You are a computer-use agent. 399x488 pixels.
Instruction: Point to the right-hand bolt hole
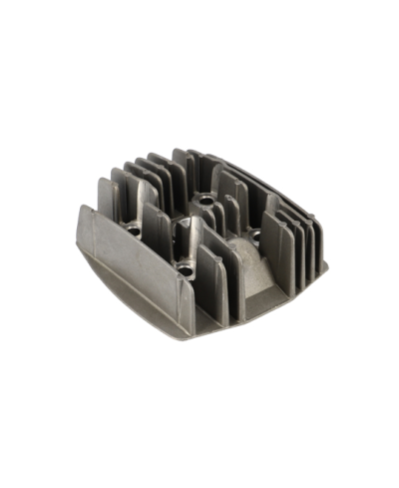click(261, 237)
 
